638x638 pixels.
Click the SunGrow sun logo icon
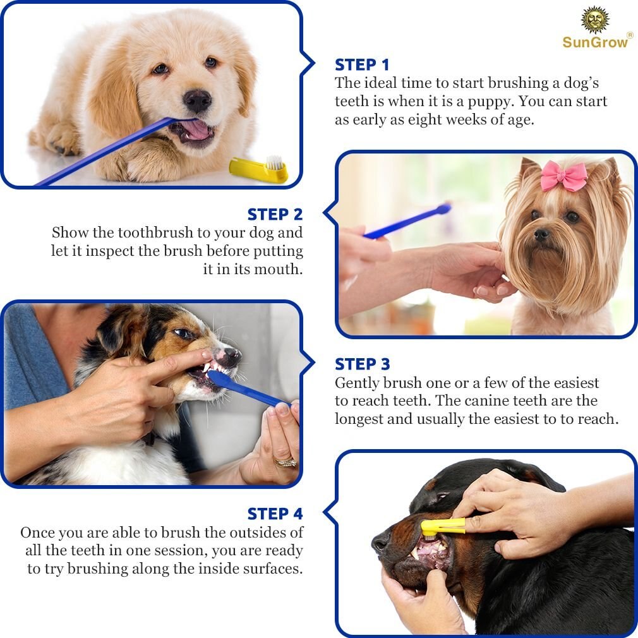595,20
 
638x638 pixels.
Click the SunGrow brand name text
596,42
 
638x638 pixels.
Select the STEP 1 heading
362,65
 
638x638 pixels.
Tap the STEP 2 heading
275,214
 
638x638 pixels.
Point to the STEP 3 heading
362,364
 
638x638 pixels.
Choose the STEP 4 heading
275,514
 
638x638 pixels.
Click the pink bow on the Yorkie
563,176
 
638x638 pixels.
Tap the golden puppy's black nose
197,99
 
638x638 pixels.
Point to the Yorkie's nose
541,234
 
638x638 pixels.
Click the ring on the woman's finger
286,462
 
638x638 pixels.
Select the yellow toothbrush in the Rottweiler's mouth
443,526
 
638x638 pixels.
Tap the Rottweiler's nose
381,541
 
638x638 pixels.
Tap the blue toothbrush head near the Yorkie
444,208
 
